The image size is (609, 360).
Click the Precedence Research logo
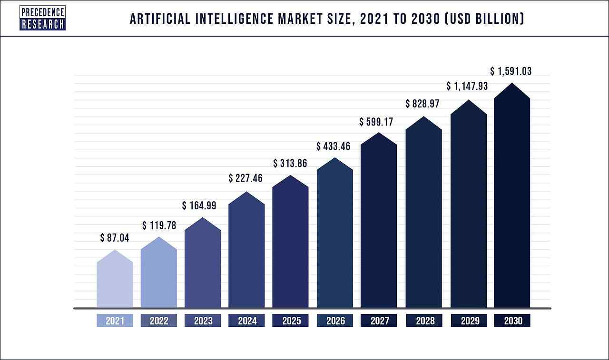(x=42, y=19)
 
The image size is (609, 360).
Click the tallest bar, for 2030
(x=512, y=200)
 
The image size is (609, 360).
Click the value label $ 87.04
(x=115, y=238)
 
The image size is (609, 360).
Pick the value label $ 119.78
(x=159, y=225)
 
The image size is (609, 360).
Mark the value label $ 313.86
(x=290, y=164)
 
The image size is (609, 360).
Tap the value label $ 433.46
(x=334, y=146)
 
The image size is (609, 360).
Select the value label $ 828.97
(x=422, y=104)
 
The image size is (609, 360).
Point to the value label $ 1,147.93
(x=467, y=87)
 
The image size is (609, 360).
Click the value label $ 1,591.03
(x=511, y=71)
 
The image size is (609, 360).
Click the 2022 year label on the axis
(x=159, y=321)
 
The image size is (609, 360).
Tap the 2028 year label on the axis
(x=424, y=321)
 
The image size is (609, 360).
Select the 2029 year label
(x=469, y=321)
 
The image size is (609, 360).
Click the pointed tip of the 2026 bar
(x=335, y=159)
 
